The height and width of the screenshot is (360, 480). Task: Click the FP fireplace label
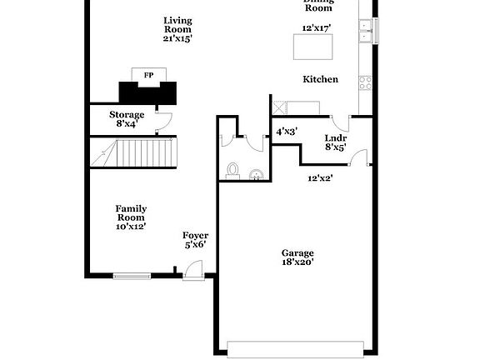pyautogui.click(x=148, y=75)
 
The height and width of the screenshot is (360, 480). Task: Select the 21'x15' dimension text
pyautogui.click(x=177, y=38)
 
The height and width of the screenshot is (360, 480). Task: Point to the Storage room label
pyautogui.click(x=127, y=114)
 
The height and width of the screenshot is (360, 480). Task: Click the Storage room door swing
pyautogui.click(x=163, y=119)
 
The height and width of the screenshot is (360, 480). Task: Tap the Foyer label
pyautogui.click(x=195, y=236)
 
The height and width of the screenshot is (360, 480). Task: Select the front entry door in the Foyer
pyautogui.click(x=193, y=268)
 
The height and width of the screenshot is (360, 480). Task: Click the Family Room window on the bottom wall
pyautogui.click(x=132, y=275)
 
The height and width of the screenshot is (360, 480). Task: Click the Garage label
pyautogui.click(x=297, y=252)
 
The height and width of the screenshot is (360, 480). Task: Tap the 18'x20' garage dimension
pyautogui.click(x=297, y=262)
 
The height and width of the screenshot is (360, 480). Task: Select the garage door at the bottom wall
pyautogui.click(x=297, y=347)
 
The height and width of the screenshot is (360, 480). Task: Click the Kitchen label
pyautogui.click(x=320, y=79)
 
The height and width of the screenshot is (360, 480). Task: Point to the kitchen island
pyautogui.click(x=312, y=48)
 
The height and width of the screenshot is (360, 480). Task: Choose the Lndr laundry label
pyautogui.click(x=336, y=137)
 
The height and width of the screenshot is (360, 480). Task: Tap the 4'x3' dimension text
pyautogui.click(x=287, y=131)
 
